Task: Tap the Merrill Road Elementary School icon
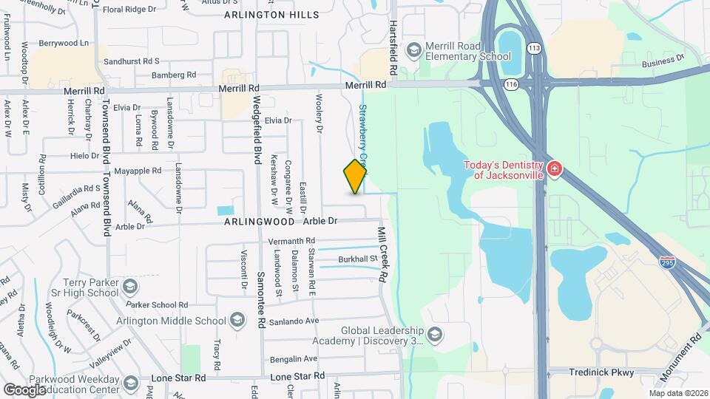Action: pos(413,50)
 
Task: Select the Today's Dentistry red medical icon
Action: pos(554,171)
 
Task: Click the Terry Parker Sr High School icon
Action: pos(129,286)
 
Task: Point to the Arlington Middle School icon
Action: pos(237,320)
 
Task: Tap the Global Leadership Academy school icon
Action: pos(435,335)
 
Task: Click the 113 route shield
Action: pos(533,48)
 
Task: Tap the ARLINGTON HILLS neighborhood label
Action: pos(271,15)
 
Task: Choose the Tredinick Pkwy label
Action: pos(601,372)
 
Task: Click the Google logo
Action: pos(24,389)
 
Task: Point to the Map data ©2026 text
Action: pos(678,393)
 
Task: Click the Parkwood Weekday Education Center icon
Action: pos(131,383)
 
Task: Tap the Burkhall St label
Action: pos(358,260)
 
